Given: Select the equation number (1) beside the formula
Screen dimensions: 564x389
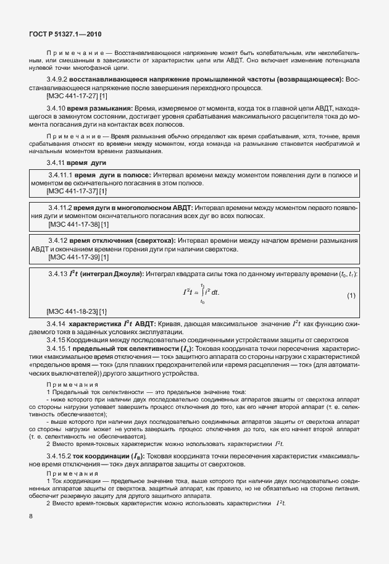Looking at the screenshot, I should click(351, 296).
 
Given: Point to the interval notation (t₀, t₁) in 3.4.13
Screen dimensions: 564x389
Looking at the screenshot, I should click(343, 273).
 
